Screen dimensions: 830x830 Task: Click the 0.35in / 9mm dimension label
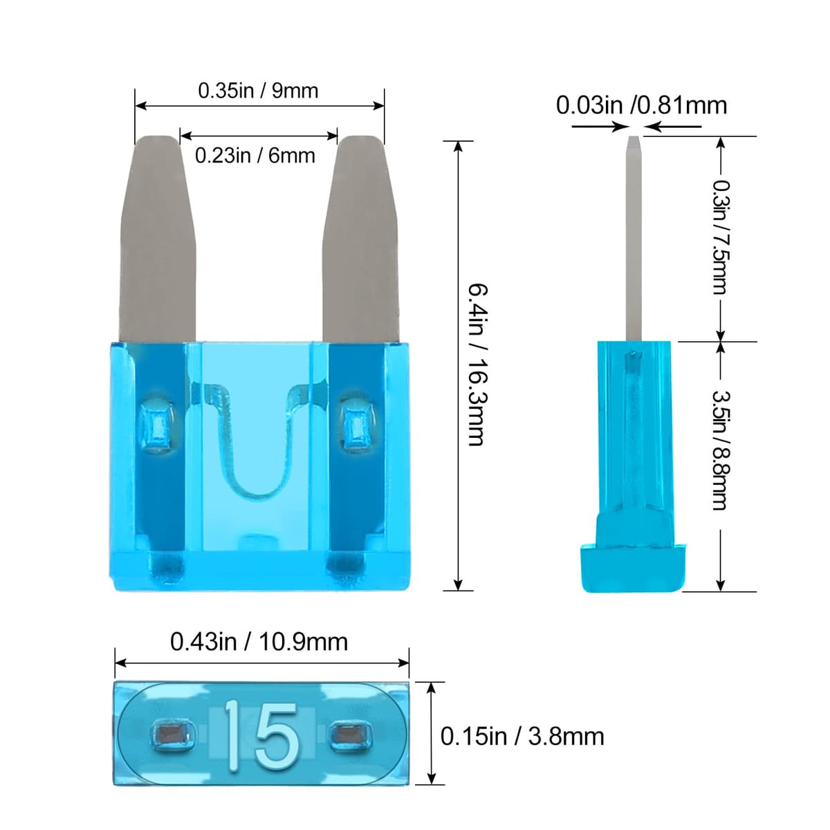(x=258, y=91)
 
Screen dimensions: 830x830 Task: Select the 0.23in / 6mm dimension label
(x=255, y=156)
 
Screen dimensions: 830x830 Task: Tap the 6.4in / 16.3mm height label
(x=476, y=364)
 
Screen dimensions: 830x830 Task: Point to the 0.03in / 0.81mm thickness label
(x=641, y=105)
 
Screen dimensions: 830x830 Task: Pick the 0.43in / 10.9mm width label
(x=259, y=642)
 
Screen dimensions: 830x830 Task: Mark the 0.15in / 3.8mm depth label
(x=522, y=736)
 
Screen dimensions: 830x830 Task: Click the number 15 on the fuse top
(x=261, y=735)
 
